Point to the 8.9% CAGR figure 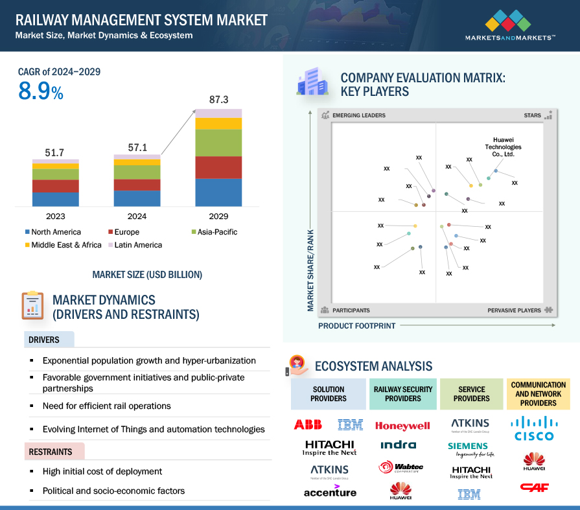(x=40, y=92)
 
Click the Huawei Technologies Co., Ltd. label (x=503, y=147)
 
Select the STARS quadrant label (x=532, y=115)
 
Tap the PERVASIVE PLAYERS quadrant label (x=515, y=310)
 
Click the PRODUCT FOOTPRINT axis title (x=356, y=326)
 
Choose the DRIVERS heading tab (x=45, y=340)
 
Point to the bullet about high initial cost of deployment (x=102, y=471)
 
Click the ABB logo (x=308, y=425)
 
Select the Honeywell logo (x=402, y=426)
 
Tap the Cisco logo (x=533, y=429)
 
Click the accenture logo (x=330, y=491)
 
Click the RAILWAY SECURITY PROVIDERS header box (x=403, y=394)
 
